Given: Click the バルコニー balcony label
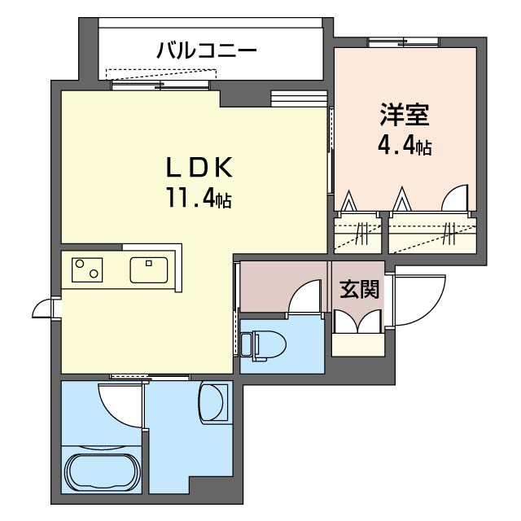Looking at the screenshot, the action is click(207, 50).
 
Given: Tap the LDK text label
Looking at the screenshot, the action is click(200, 168).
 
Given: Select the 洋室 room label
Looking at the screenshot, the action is click(403, 114).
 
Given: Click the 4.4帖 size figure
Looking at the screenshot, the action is click(403, 147).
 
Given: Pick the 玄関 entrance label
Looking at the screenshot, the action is click(359, 290).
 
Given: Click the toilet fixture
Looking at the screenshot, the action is click(265, 345).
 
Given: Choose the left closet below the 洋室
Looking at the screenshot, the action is click(357, 234).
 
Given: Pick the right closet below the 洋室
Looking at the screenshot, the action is click(431, 234).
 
